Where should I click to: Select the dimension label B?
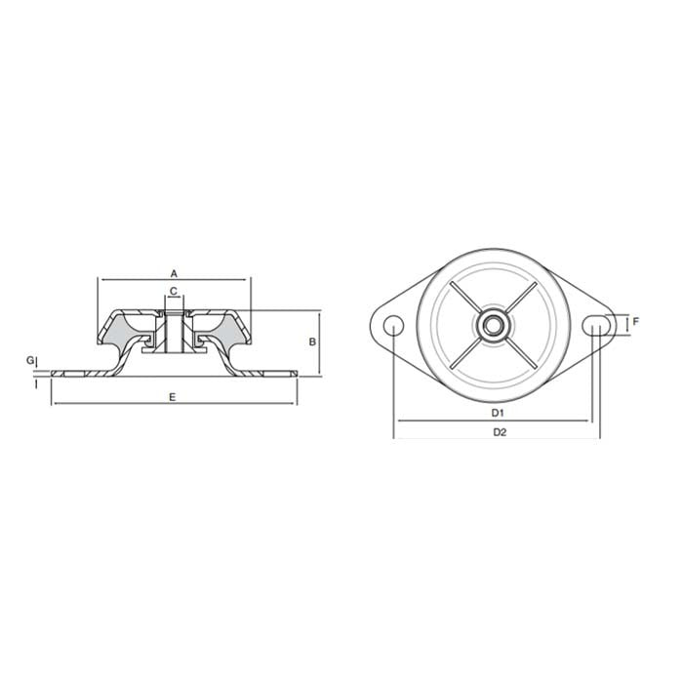[311, 341]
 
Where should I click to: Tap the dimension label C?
[173, 292]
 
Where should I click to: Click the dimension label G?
[29, 360]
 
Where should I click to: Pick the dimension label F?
[635, 321]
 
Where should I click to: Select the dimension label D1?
[498, 413]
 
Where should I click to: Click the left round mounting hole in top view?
[393, 325]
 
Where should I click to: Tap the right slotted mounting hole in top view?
[597, 325]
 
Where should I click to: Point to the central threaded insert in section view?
[174, 333]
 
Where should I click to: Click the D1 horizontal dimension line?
[459, 422]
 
